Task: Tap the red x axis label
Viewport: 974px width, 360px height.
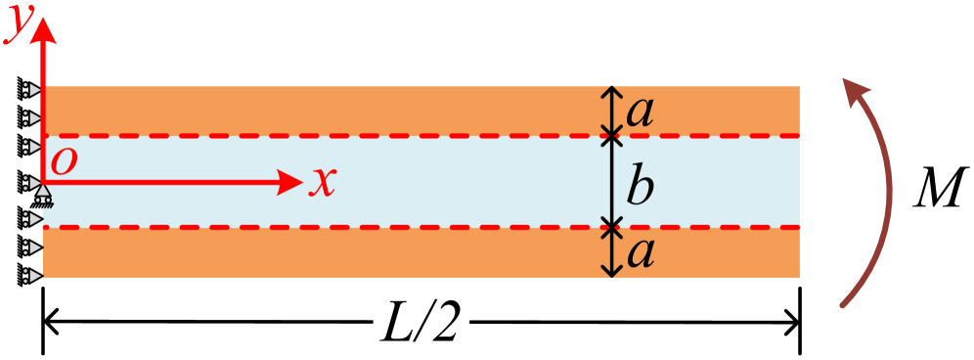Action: pyautogui.click(x=323, y=182)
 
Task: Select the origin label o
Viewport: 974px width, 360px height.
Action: pyautogui.click(x=64, y=161)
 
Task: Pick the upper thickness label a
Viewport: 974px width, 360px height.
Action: pyautogui.click(x=640, y=112)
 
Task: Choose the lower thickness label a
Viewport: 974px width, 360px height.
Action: pyautogui.click(x=640, y=252)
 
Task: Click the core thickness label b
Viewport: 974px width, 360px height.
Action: pyautogui.click(x=640, y=186)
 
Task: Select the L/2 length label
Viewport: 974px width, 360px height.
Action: pyautogui.click(x=421, y=323)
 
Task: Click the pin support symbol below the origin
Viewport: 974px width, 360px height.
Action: pyautogui.click(x=43, y=201)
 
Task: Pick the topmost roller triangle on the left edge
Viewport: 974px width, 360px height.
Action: pyautogui.click(x=34, y=91)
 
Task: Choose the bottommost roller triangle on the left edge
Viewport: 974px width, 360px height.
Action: pyautogui.click(x=34, y=276)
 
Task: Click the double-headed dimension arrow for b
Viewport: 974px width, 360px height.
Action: pyautogui.click(x=611, y=182)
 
